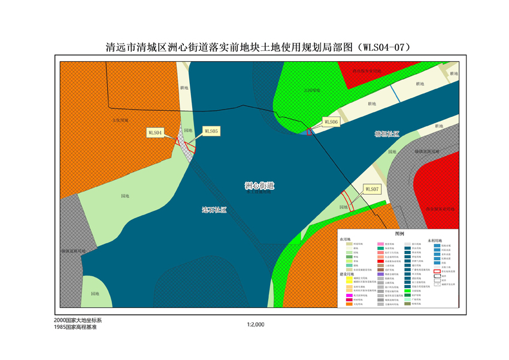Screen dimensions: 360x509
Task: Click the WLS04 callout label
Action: click(155, 133)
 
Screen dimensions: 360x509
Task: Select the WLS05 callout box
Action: click(211, 131)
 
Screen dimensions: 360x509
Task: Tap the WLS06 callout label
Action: click(331, 122)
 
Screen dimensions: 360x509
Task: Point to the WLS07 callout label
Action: click(372, 189)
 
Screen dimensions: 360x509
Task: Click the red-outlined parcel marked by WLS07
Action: click(346, 200)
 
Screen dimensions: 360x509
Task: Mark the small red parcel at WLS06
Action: click(309, 131)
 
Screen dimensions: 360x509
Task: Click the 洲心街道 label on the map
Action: click(259, 186)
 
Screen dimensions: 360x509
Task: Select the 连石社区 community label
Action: click(214, 210)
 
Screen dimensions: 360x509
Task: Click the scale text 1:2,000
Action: click(255, 324)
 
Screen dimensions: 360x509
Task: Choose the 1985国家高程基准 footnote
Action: click(75, 328)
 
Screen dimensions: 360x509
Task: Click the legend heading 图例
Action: click(399, 234)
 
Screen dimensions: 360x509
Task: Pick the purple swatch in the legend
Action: click(380, 273)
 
